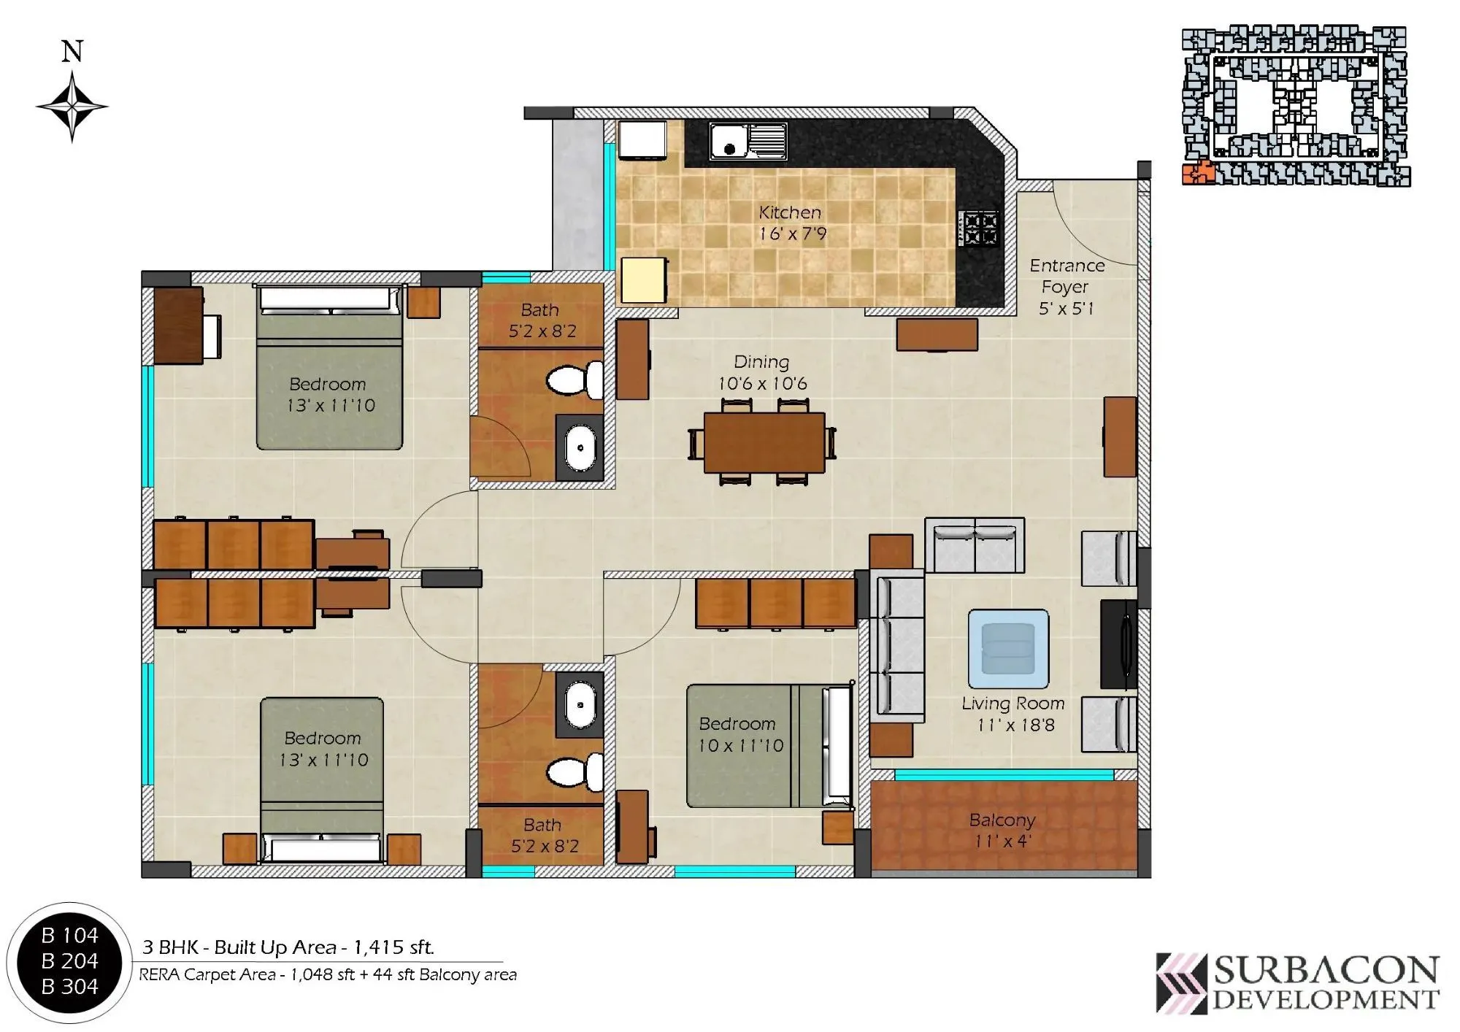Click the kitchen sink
pyautogui.click(x=748, y=141)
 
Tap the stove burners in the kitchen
pyautogui.click(x=980, y=228)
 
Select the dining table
pyautogui.click(x=764, y=442)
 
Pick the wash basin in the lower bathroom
pyautogui.click(x=580, y=705)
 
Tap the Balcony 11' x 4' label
pyautogui.click(x=1002, y=830)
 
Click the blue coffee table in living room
pyautogui.click(x=1008, y=648)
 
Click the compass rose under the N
pyautogui.click(x=72, y=107)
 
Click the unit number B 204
pyautogui.click(x=69, y=960)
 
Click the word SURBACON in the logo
pyautogui.click(x=1326, y=971)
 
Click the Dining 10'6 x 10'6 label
pyautogui.click(x=762, y=372)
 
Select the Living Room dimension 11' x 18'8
pyautogui.click(x=1015, y=725)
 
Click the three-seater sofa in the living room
pyautogui.click(x=896, y=646)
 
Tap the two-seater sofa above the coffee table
pyautogui.click(x=975, y=546)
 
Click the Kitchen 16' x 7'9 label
pyautogui.click(x=791, y=223)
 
